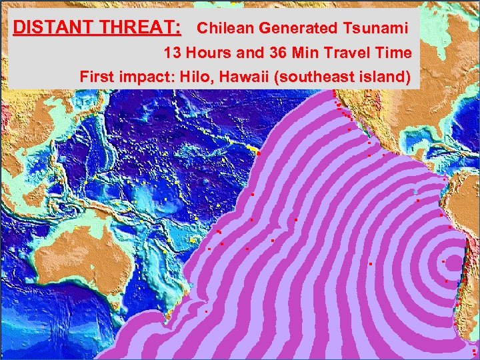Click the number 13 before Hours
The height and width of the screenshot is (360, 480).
click(x=173, y=53)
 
